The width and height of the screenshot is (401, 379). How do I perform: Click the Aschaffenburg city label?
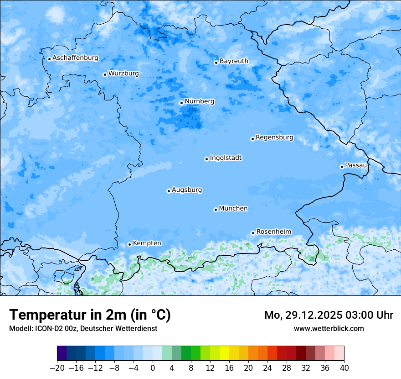(75, 58)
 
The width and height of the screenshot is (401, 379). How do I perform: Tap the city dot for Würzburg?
(105, 74)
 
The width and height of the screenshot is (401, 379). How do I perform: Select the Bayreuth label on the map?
(234, 61)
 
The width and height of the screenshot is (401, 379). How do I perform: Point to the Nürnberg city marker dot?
(181, 103)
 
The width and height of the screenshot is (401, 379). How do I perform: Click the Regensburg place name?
(274, 137)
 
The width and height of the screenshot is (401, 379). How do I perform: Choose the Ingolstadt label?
(226, 158)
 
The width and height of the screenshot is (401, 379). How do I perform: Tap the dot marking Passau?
(342, 167)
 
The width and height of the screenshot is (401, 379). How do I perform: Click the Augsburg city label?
(187, 189)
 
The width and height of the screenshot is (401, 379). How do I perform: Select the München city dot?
(216, 210)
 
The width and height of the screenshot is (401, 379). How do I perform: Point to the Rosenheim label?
(273, 232)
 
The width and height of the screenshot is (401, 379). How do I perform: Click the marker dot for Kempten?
(129, 244)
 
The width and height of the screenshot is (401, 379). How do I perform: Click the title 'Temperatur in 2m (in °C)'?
(90, 315)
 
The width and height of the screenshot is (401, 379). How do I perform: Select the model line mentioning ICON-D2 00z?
(83, 328)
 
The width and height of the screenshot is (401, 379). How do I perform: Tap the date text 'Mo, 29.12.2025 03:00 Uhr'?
(329, 315)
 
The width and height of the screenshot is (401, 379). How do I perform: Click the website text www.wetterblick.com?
(329, 328)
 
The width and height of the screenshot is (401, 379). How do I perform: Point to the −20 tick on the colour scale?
(57, 368)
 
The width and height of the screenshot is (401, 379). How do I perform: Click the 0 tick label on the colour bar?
(153, 368)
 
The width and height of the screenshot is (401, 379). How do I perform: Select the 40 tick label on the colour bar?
(344, 368)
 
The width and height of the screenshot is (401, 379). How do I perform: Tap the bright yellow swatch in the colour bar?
(224, 353)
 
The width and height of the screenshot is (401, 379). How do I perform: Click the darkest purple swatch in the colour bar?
(62, 353)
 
